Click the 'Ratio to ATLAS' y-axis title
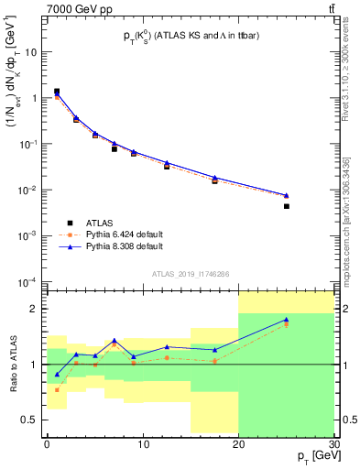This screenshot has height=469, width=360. coord(12,365)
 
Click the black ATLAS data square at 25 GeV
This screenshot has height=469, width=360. coord(286,207)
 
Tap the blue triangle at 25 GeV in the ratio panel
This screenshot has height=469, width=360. coord(286,320)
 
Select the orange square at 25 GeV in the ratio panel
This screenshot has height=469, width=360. coord(286,324)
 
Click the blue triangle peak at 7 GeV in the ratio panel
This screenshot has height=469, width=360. coord(114,340)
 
